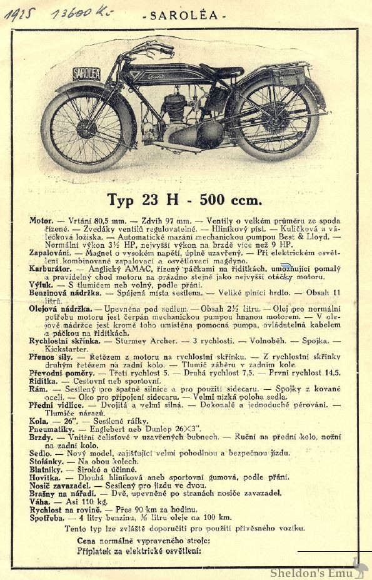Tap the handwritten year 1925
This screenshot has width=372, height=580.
pyautogui.click(x=20, y=14)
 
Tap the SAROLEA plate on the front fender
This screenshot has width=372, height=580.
pyautogui.click(x=87, y=73)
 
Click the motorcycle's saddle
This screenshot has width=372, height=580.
pyautogui.click(x=221, y=71)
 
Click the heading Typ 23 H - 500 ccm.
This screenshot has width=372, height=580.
pyautogui.click(x=184, y=200)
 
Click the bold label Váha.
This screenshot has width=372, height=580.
pyautogui.click(x=39, y=502)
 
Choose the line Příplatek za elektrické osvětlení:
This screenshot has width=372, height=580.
pyautogui.click(x=139, y=551)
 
